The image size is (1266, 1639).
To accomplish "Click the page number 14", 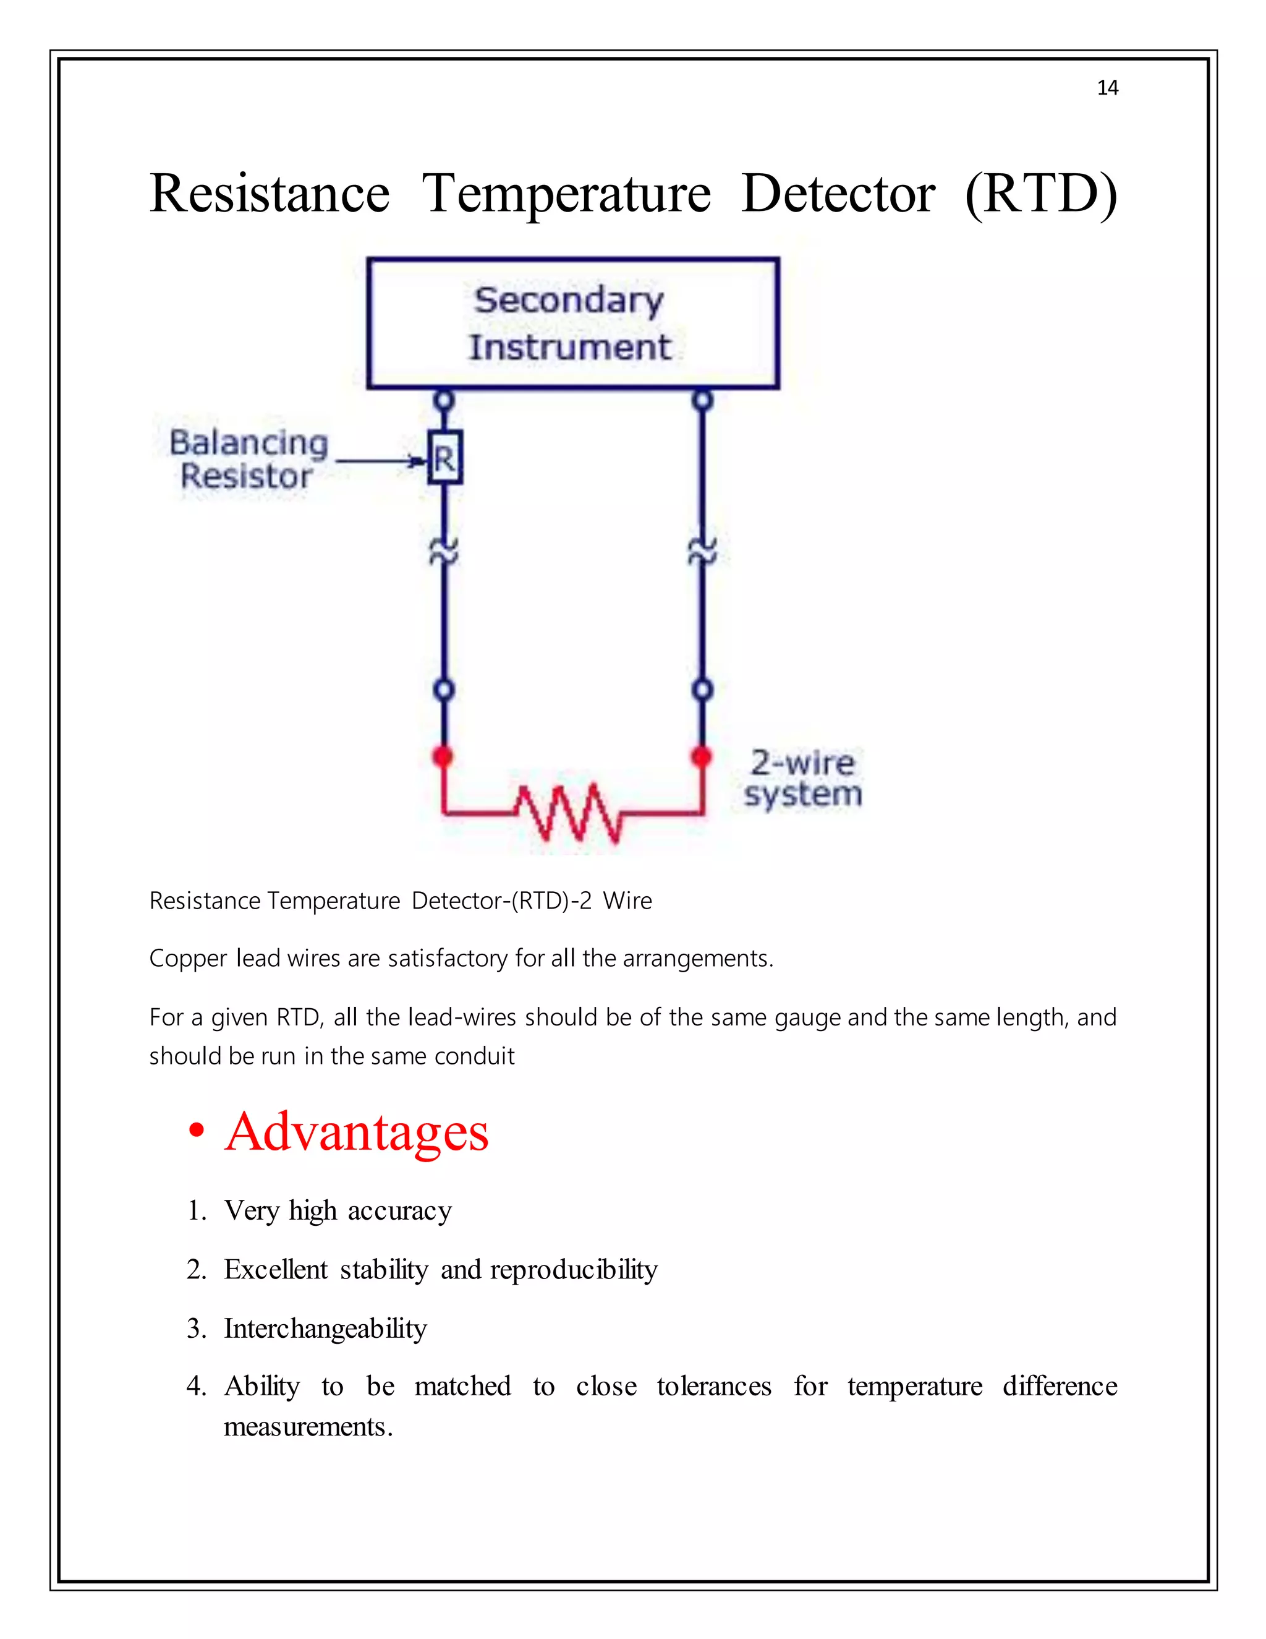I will tap(1107, 88).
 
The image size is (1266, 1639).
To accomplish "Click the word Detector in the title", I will tap(838, 194).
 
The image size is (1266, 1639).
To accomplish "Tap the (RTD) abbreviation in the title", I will tap(1041, 194).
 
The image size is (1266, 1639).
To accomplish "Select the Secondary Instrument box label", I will tap(570, 323).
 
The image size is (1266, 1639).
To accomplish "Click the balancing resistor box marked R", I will tap(444, 457).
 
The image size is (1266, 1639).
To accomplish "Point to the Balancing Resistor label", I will tap(249, 460).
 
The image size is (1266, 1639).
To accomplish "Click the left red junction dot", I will tap(443, 756).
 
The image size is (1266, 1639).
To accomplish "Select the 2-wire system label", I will tap(802, 779).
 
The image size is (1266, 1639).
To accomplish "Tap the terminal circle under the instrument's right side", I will tap(702, 400).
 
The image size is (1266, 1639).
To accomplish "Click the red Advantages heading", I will tap(356, 1132).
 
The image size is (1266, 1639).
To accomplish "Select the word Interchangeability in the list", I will tap(326, 1329).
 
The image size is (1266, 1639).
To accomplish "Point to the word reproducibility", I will tap(574, 1270).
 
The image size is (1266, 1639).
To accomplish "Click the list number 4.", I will tap(196, 1386).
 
